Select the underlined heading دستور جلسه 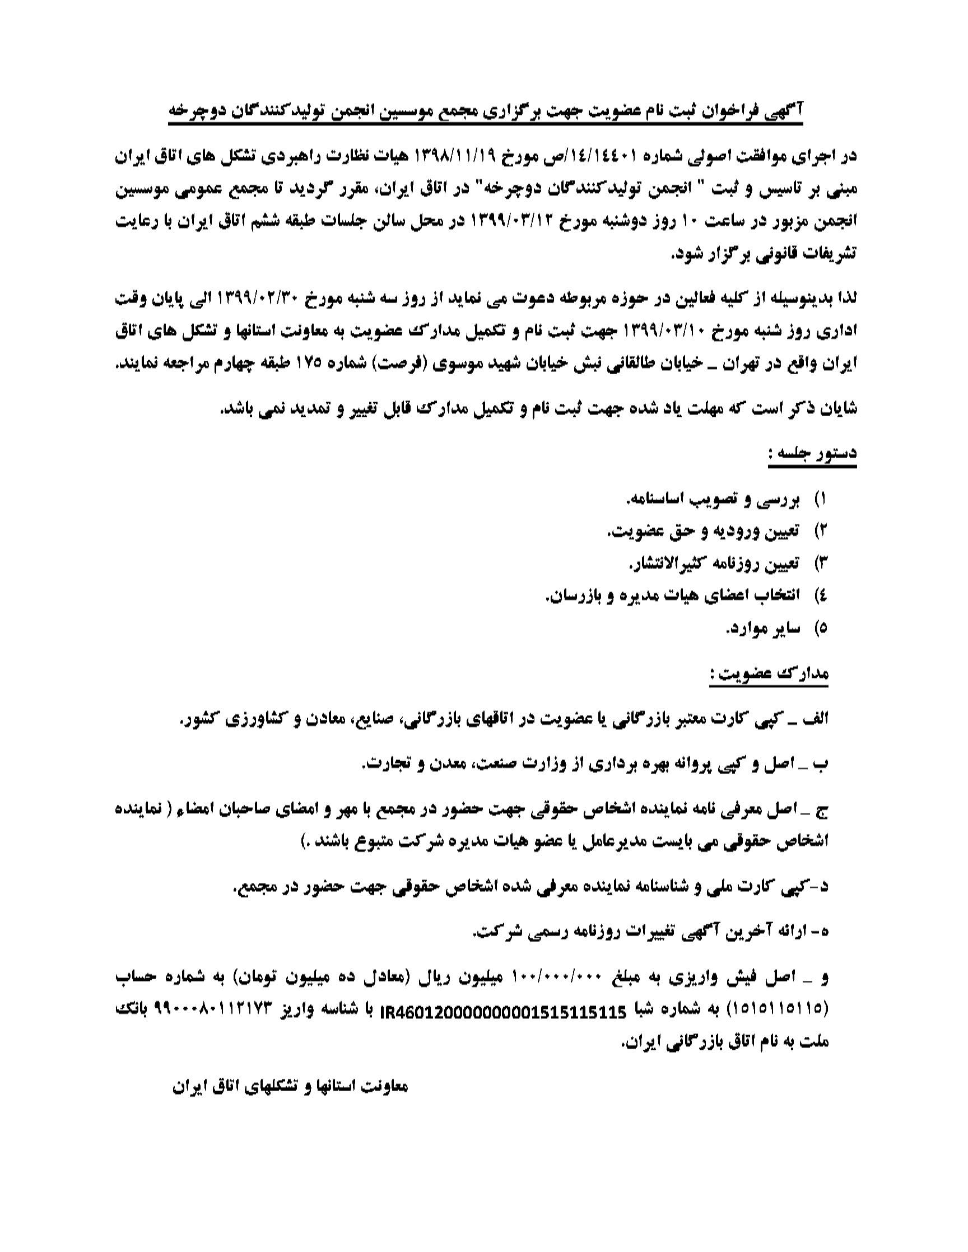coord(812,453)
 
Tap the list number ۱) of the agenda coord(821,500)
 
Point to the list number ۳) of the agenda coord(821,564)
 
